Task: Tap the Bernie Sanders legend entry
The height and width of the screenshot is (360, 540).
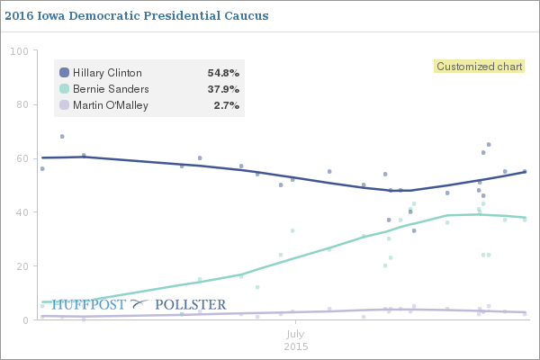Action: (x=111, y=89)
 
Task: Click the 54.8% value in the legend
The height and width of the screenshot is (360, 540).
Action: (x=222, y=73)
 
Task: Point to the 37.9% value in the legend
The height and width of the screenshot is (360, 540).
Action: (x=222, y=89)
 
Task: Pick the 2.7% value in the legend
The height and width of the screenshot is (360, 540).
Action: (x=226, y=105)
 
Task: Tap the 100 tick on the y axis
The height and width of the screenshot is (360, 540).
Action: (x=19, y=50)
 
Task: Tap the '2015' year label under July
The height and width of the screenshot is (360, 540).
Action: (x=296, y=346)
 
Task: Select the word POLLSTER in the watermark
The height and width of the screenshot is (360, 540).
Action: (x=191, y=305)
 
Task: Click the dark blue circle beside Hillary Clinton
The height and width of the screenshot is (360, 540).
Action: (x=64, y=73)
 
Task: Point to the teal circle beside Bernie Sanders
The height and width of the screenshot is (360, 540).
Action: (x=64, y=89)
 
